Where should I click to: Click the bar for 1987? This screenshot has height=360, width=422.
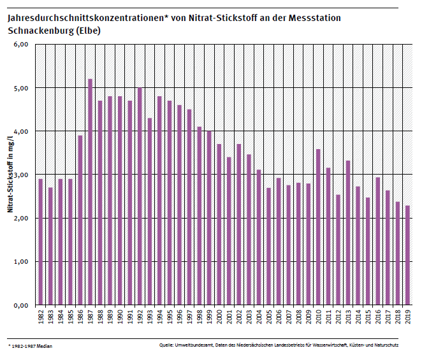(x=90, y=192)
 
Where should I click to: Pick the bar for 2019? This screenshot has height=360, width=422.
(x=407, y=255)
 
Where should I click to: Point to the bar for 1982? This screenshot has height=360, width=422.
(x=40, y=242)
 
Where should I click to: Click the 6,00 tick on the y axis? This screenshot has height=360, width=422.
(x=21, y=45)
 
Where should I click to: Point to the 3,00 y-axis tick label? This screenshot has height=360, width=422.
(x=21, y=175)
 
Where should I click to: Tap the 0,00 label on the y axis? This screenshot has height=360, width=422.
(x=21, y=305)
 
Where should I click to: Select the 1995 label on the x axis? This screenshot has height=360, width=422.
(x=170, y=317)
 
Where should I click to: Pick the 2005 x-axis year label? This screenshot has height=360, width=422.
(x=268, y=317)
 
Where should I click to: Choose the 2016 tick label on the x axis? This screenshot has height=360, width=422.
(x=378, y=317)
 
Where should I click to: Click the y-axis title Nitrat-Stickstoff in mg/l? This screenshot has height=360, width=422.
(x=11, y=175)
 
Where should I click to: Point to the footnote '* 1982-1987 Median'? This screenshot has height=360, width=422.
(x=31, y=346)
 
